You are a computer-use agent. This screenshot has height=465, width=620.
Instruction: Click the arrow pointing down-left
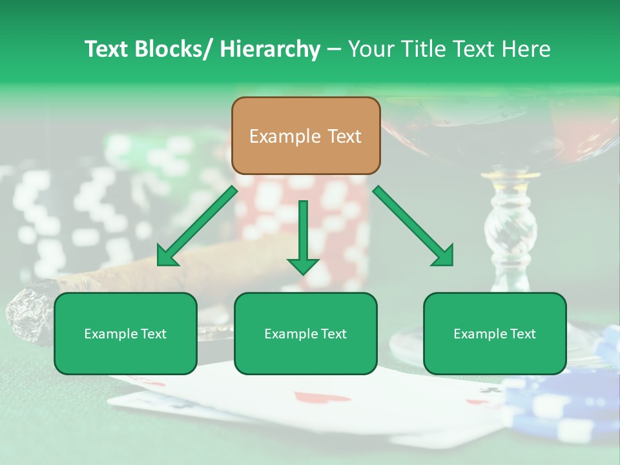coord(196,227)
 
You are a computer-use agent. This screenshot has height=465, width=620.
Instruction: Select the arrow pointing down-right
coord(413,226)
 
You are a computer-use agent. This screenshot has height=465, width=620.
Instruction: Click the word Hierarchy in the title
coord(270,49)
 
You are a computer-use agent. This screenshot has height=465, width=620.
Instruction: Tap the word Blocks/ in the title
coord(172,49)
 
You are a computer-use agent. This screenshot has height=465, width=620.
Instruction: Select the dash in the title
coord(334,49)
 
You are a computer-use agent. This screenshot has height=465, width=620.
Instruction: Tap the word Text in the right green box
coord(522,334)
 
